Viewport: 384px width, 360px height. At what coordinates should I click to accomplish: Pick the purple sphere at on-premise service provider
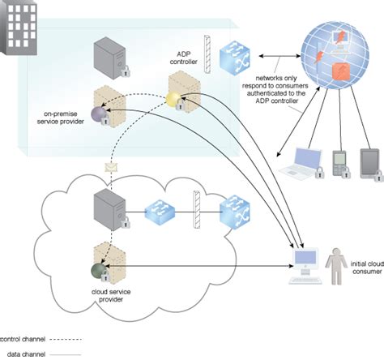point(99,114)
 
